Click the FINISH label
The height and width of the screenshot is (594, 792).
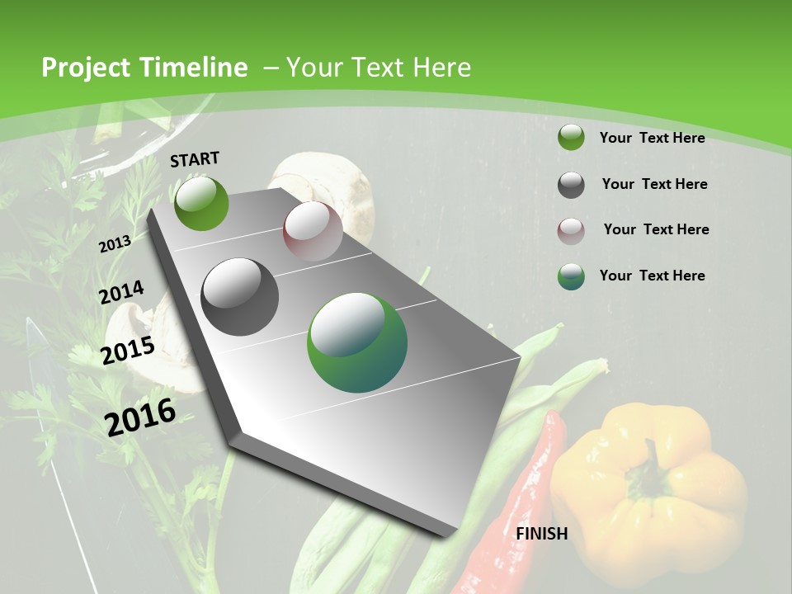541,534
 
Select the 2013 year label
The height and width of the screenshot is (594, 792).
115,244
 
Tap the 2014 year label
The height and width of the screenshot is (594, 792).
121,293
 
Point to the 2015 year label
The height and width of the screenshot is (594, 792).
127,350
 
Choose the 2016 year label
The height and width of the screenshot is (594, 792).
140,417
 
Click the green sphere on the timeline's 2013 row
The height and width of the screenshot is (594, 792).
201,204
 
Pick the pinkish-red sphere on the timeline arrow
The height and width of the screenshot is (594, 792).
313,232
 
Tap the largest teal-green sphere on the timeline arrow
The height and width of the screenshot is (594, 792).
357,342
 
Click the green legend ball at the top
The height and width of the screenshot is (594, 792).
571,138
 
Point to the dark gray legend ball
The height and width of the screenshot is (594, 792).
571,185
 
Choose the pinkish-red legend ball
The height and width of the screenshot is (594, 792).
571,230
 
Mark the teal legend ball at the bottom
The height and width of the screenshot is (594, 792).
571,276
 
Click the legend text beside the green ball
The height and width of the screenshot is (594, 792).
652,138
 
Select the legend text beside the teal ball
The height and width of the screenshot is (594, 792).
652,276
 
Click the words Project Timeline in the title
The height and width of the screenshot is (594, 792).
144,68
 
